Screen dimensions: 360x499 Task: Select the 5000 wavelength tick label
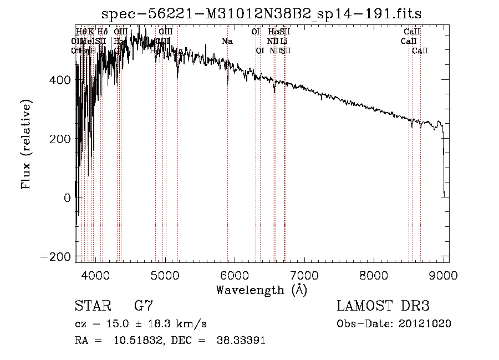(x=165, y=274)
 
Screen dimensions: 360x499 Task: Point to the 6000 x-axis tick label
(x=235, y=274)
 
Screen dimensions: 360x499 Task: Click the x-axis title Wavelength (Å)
(x=261, y=290)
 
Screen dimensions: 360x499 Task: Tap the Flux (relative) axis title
(x=26, y=144)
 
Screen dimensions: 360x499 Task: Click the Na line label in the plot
(x=227, y=41)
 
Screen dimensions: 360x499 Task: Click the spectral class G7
(x=143, y=306)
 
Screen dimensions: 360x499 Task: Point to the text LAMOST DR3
(x=383, y=306)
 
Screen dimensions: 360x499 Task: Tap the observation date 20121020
(x=427, y=324)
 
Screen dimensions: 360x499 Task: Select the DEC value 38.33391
(x=242, y=341)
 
